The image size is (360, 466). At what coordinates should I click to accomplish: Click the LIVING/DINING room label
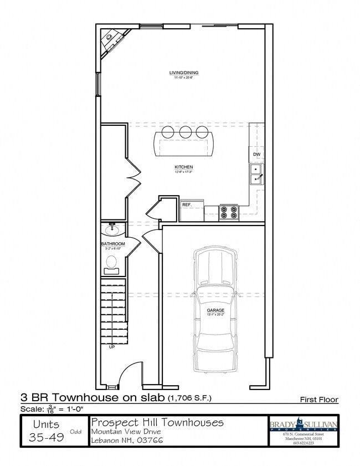coord(184,73)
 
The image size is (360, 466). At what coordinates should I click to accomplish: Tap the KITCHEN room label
coord(183,167)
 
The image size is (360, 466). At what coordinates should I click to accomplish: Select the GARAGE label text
coord(215,310)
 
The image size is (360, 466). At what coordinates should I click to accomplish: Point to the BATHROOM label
coord(112,244)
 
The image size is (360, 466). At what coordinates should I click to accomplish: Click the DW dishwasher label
coord(256,154)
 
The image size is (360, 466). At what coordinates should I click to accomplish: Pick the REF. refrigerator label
coord(187,204)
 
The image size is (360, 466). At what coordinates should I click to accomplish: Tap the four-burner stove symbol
coord(229,212)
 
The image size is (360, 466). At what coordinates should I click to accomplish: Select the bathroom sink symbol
coord(112,228)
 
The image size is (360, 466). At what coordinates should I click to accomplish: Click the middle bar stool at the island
coord(185,132)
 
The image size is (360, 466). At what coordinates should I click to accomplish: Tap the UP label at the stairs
coord(112,347)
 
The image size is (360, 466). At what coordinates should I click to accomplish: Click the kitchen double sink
coord(256,174)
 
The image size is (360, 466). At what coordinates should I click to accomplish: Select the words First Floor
coord(319,399)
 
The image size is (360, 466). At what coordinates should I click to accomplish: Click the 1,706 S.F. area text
coord(189,398)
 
